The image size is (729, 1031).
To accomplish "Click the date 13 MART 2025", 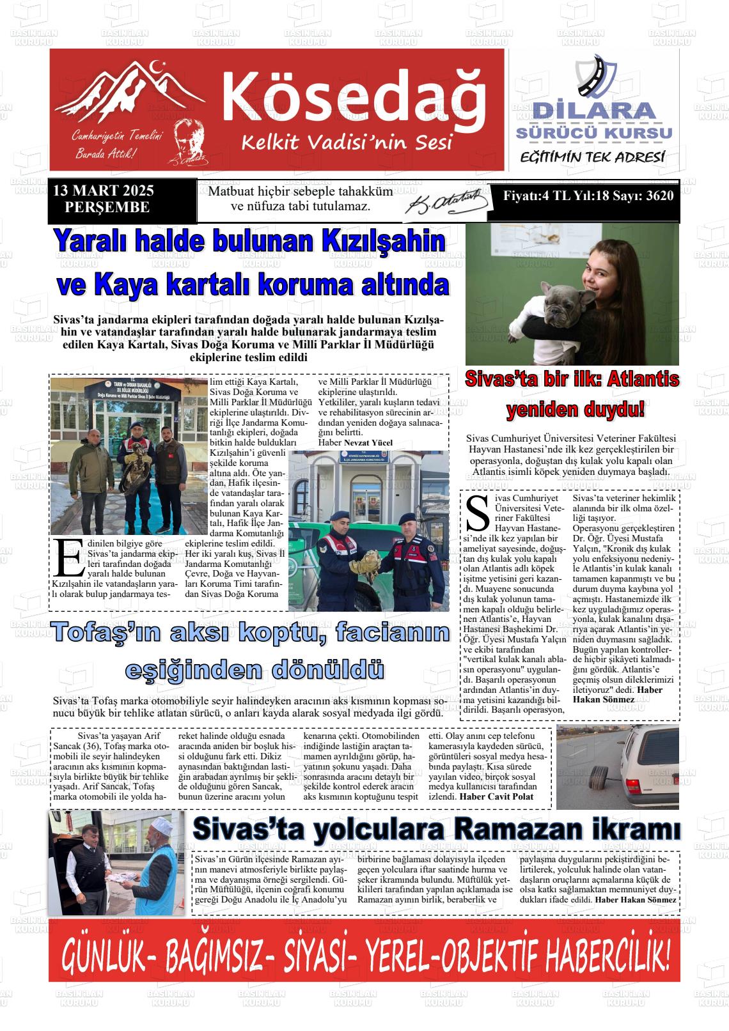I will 104,191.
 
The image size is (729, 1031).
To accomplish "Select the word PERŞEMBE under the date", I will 107,207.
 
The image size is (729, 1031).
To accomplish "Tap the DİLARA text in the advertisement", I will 594,111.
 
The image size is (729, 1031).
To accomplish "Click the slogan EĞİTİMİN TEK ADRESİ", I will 593,157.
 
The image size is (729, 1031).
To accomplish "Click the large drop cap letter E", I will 69,557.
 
